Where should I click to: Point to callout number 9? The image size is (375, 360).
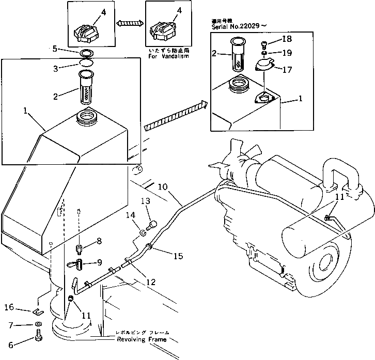tap(99, 263)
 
